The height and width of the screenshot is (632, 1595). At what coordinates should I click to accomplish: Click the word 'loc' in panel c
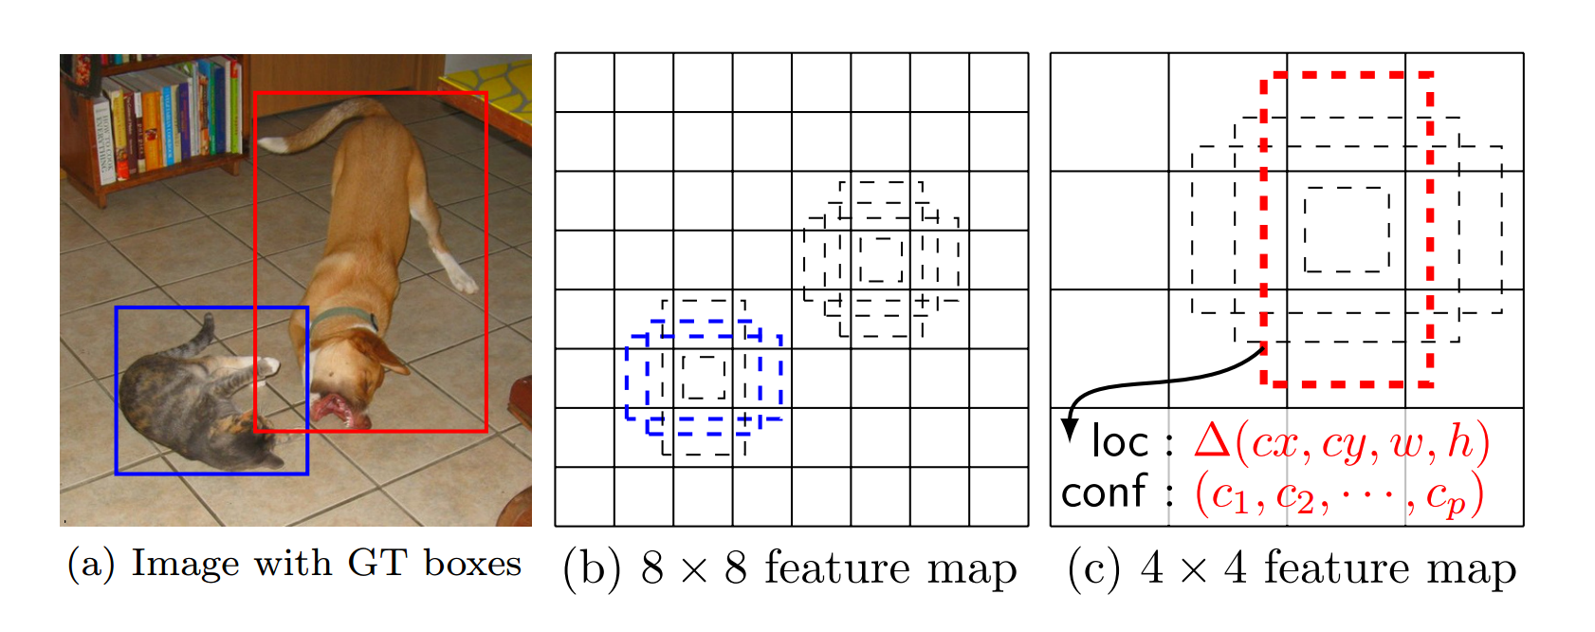coord(1120,442)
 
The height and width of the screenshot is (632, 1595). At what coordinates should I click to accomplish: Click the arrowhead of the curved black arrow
coord(1071,432)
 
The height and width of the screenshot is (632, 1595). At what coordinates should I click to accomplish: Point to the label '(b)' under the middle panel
coord(592,568)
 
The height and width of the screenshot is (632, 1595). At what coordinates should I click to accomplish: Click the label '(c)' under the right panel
coord(1095,568)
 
